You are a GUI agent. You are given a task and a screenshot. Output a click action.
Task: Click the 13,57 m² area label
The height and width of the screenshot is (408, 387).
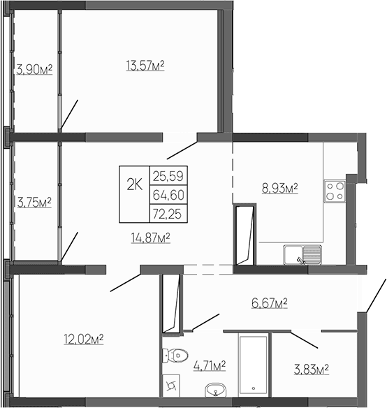click(x=145, y=66)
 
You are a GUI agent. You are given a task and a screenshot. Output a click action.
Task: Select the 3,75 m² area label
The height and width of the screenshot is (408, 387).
click(x=34, y=203)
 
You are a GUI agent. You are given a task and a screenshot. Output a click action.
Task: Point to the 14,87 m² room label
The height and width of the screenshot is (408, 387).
click(x=151, y=238)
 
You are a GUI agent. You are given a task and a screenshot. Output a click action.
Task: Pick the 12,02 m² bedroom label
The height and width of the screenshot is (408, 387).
click(x=83, y=339)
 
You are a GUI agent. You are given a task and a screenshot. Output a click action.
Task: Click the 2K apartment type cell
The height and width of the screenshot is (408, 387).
click(x=134, y=184)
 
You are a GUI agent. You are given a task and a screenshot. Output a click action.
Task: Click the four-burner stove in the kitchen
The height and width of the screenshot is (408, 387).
click(x=333, y=191)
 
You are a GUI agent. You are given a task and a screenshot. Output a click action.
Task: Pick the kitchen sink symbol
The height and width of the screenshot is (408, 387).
click(x=302, y=255)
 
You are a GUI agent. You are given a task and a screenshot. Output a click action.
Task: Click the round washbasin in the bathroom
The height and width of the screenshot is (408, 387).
click(x=214, y=389)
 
